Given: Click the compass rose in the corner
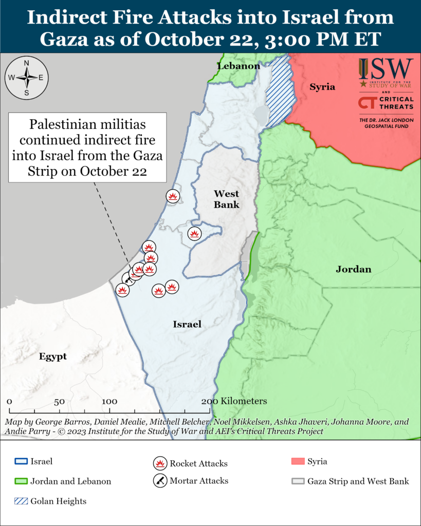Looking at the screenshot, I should pyautogui.click(x=27, y=78).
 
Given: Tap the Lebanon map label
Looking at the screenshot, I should pyautogui.click(x=239, y=66).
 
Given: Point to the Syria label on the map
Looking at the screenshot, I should pyautogui.click(x=322, y=87).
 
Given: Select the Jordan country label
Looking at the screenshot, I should pyautogui.click(x=354, y=269).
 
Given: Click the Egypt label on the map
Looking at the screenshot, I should pyautogui.click(x=53, y=356).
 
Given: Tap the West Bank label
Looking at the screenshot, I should pyautogui.click(x=227, y=199).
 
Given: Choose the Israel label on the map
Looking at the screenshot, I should pyautogui.click(x=187, y=324).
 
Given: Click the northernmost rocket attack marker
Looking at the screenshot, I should pyautogui.click(x=173, y=196).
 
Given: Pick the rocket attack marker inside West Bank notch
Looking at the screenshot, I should pyautogui.click(x=194, y=233).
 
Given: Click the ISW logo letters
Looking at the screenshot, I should pyautogui.click(x=386, y=68).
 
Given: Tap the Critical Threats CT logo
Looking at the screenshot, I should pyautogui.click(x=368, y=103).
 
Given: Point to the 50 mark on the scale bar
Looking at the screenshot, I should pyautogui.click(x=58, y=401).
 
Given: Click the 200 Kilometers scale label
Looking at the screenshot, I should pyautogui.click(x=234, y=401).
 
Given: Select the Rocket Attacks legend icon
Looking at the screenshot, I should pyautogui.click(x=160, y=463).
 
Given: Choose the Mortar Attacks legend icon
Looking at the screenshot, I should pyautogui.click(x=160, y=481).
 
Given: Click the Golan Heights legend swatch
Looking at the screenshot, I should pyautogui.click(x=21, y=501).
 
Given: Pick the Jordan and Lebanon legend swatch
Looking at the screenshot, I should pyautogui.click(x=21, y=481).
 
